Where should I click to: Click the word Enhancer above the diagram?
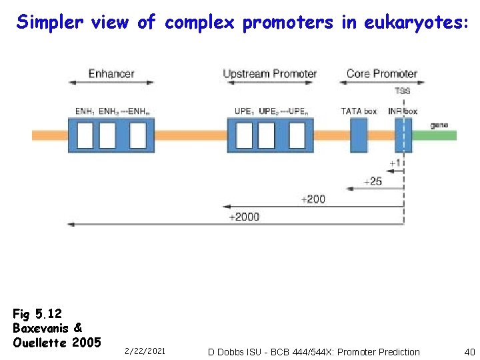click(111, 73)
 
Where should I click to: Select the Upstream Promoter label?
click(269, 73)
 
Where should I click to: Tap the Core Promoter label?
click(381, 73)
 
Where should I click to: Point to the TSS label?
click(403, 91)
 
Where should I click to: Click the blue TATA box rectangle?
click(359, 135)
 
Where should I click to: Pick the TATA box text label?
click(359, 111)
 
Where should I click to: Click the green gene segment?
click(434, 135)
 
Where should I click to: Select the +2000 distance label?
click(244, 217)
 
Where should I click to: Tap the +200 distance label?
click(313, 199)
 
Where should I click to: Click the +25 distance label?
click(373, 181)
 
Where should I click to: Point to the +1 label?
click(395, 163)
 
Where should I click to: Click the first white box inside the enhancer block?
click(85, 135)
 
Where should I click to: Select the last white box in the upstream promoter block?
click(297, 135)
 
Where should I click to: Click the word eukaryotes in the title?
click(415, 23)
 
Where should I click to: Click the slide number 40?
click(469, 351)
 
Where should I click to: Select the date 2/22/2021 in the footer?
click(145, 351)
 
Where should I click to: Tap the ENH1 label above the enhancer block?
click(85, 111)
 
